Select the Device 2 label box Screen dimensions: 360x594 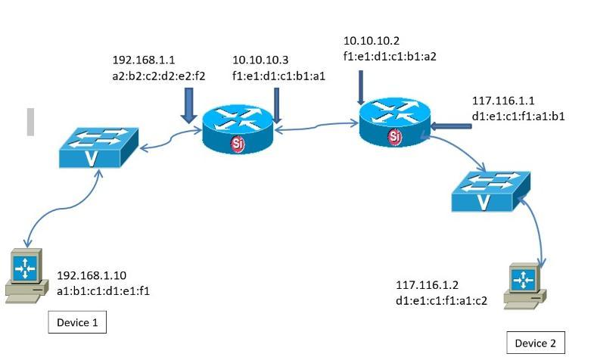(x=535, y=343)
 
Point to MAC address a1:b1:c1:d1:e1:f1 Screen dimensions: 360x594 (x=104, y=290)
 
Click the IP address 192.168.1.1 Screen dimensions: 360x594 (x=144, y=60)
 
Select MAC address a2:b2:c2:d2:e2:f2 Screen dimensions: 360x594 (x=159, y=74)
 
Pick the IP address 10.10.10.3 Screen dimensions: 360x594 (x=260, y=60)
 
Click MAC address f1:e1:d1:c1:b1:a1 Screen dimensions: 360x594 (x=278, y=74)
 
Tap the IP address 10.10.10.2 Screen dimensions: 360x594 (x=372, y=40)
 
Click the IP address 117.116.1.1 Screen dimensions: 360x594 (x=503, y=101)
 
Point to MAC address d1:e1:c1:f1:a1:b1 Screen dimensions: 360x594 (x=518, y=116)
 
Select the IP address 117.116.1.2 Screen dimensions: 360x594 (x=427, y=285)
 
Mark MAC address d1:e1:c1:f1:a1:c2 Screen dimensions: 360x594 (x=442, y=299)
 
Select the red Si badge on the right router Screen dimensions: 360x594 (x=394, y=136)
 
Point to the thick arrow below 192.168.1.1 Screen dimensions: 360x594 (x=188, y=105)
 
